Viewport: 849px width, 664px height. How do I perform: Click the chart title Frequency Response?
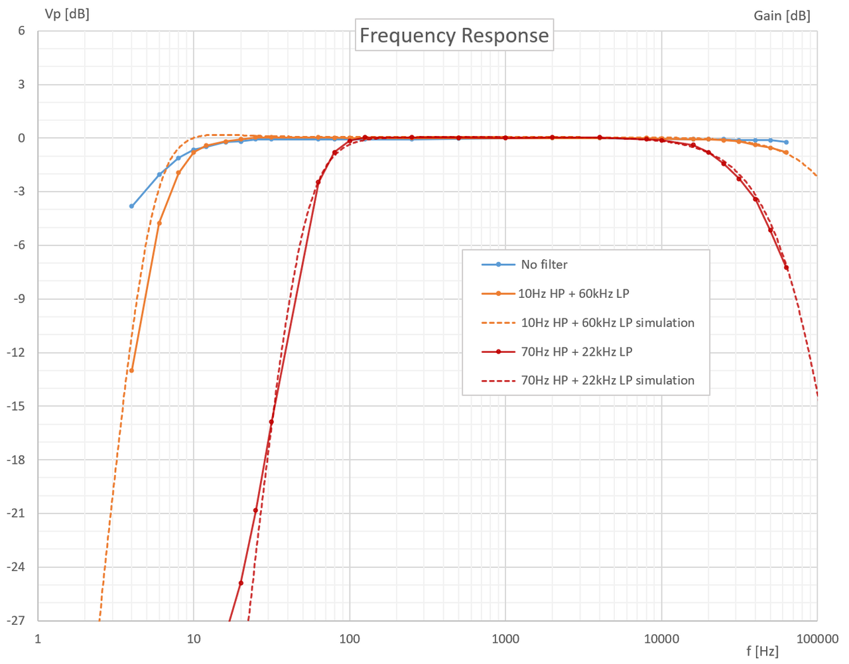[454, 35]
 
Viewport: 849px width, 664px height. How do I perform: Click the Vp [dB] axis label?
[66, 13]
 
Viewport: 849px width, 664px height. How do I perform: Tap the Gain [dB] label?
[782, 15]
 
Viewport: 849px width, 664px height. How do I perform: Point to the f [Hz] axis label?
[762, 651]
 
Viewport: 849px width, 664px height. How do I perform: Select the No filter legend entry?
[544, 265]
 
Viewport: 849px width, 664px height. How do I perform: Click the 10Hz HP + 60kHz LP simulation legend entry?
[607, 323]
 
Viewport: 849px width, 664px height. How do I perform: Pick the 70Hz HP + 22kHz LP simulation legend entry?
[607, 381]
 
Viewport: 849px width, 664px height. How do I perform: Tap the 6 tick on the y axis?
[21, 31]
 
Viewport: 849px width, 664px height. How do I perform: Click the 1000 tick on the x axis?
[505, 639]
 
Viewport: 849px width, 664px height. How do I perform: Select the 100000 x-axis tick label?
[817, 639]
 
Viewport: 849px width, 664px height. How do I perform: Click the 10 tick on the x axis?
[194, 639]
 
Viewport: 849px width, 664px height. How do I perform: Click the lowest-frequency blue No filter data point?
[131, 206]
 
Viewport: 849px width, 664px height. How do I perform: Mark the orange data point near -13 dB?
[131, 370]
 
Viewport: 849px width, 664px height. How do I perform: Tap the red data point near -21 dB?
[255, 510]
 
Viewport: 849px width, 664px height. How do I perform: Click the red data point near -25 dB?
[241, 583]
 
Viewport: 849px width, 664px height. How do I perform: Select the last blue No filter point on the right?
[786, 142]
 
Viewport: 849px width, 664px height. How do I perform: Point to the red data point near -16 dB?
[271, 422]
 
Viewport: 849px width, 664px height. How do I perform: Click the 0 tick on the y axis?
[21, 138]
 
